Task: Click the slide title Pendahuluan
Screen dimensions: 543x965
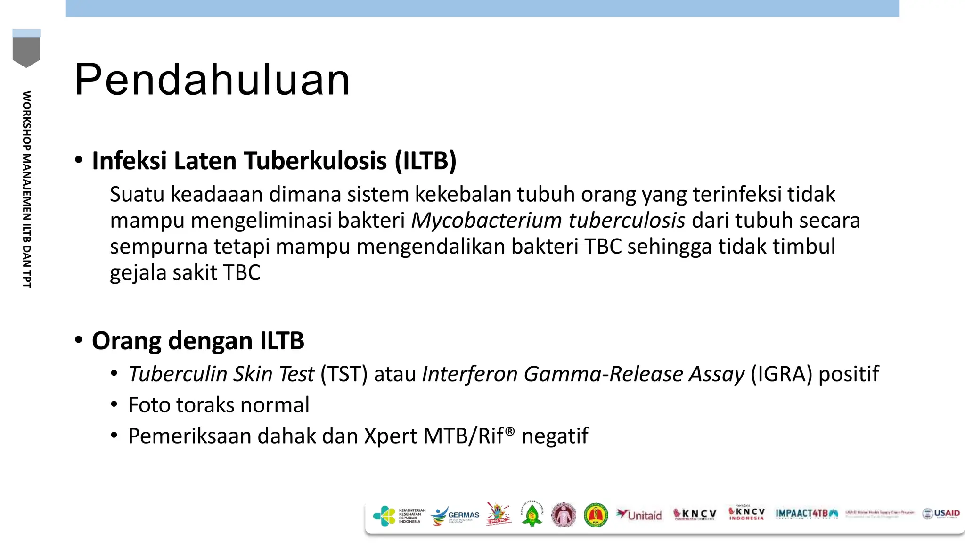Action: pos(212,80)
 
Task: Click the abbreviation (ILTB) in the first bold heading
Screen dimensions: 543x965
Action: pos(425,161)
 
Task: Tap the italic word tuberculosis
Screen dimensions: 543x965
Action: pos(627,221)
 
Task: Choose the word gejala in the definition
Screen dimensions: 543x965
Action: pos(138,273)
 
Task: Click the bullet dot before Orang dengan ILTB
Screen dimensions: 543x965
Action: pos(79,340)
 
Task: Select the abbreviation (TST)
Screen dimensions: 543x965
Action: pos(344,374)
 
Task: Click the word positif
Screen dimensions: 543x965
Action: pos(849,374)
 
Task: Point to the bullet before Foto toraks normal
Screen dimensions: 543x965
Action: pos(114,405)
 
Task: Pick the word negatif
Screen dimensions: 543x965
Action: pos(555,436)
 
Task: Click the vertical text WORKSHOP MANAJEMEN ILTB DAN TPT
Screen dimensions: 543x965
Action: pos(27,189)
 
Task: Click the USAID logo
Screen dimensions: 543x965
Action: pos(941,514)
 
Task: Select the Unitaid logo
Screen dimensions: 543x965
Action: pos(639,515)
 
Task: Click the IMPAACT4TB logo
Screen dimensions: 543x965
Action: pos(806,514)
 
